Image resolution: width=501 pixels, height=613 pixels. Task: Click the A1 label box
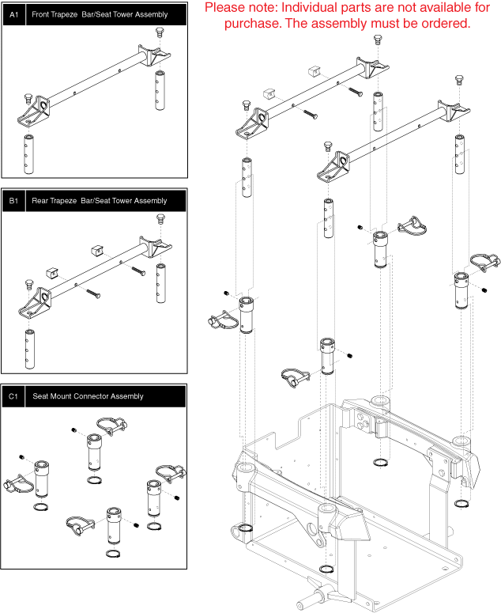(x=13, y=14)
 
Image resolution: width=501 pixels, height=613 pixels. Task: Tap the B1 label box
(x=13, y=201)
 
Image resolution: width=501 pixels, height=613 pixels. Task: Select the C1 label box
(x=13, y=395)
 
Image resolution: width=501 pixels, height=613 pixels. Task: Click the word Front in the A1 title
(x=43, y=14)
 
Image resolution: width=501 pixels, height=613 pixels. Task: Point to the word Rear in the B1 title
(x=41, y=201)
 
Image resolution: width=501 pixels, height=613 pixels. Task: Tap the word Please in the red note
(x=225, y=9)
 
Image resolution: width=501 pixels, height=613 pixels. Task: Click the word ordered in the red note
(x=445, y=24)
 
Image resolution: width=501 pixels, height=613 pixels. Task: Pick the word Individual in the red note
(x=325, y=9)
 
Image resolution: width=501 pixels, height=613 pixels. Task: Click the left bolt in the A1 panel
(x=29, y=100)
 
